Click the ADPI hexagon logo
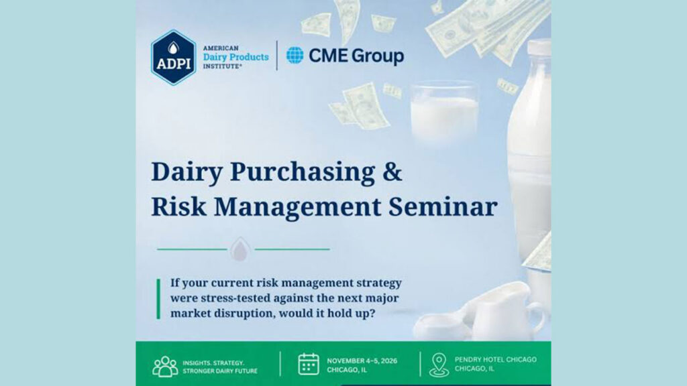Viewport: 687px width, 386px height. point(174,58)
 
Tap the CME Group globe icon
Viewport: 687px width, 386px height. point(295,55)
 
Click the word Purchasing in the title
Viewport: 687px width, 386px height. point(303,172)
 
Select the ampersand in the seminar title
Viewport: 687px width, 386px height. point(392,171)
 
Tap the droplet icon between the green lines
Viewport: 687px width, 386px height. point(240,249)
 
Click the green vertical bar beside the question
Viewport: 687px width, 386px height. point(158,298)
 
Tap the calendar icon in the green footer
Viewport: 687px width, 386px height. point(309,364)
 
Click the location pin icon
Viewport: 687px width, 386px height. point(439,365)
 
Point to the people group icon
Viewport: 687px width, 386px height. point(165,367)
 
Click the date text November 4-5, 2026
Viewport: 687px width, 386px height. point(362,361)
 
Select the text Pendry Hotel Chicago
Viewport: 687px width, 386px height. point(496,359)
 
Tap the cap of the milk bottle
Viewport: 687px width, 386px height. point(539,48)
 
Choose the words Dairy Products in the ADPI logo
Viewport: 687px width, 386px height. point(235,58)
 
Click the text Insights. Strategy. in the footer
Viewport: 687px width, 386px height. point(213,363)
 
